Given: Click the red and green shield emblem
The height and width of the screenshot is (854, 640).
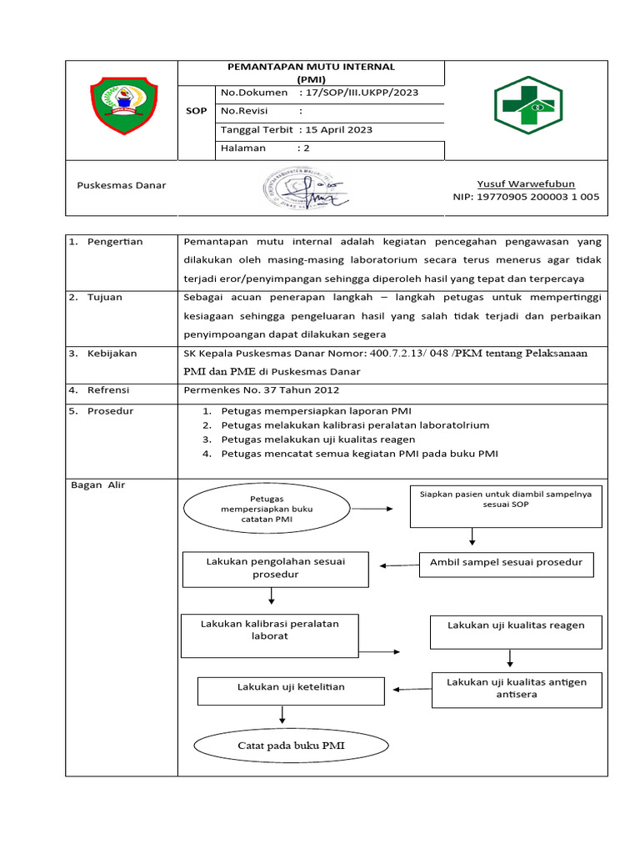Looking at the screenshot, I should (x=122, y=105).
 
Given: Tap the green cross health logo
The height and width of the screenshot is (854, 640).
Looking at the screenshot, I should (x=528, y=106).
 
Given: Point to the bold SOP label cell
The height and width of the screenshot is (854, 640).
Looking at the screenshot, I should (x=197, y=110).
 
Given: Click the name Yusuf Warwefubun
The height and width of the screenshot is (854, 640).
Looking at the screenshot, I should (x=525, y=183).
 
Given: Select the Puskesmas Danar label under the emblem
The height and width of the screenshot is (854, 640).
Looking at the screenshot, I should (x=122, y=185).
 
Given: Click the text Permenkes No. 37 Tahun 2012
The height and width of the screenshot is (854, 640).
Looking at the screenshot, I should (x=261, y=389).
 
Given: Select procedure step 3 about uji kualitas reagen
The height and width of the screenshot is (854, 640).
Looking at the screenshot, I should (x=317, y=439).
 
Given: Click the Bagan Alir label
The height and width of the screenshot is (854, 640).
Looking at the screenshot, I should (x=97, y=485).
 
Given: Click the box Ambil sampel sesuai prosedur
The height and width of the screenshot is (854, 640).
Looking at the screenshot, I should (x=506, y=564).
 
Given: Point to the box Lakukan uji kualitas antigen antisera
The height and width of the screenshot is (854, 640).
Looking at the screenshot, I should (x=517, y=689).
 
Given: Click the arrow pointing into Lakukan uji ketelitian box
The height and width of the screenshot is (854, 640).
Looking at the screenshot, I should (x=410, y=689).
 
